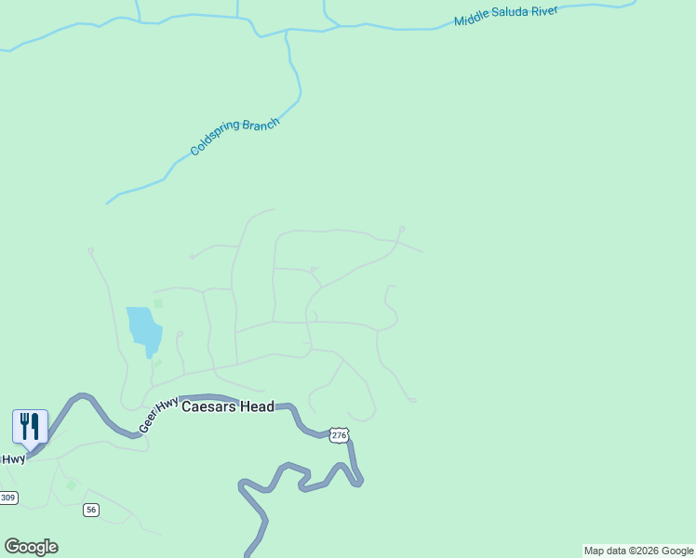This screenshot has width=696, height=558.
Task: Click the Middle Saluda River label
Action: pyautogui.click(x=505, y=16)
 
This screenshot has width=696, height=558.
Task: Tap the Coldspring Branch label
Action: pyautogui.click(x=234, y=137)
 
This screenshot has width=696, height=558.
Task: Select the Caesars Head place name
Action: pyautogui.click(x=228, y=406)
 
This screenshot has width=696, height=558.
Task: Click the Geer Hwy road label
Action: pyautogui.click(x=158, y=415)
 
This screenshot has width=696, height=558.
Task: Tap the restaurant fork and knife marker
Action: pyautogui.click(x=30, y=426)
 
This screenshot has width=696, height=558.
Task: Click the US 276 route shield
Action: pyautogui.click(x=339, y=435)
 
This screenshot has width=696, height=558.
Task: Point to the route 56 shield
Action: pyautogui.click(x=90, y=510)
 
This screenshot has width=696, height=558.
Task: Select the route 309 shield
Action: pyautogui.click(x=7, y=498)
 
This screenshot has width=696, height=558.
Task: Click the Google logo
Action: pyautogui.click(x=31, y=547)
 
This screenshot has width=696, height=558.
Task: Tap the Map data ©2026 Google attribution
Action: pyautogui.click(x=638, y=551)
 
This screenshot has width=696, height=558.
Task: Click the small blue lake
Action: pyautogui.click(x=143, y=328)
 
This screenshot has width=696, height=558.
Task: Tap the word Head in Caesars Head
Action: pyautogui.click(x=256, y=406)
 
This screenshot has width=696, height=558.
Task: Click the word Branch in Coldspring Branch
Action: pyautogui.click(x=261, y=125)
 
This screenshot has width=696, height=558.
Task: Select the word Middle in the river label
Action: pyautogui.click(x=473, y=20)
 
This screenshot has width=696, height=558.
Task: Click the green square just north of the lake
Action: pyautogui.click(x=157, y=302)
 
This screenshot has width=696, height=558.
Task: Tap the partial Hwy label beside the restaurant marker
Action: pyautogui.click(x=12, y=458)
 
